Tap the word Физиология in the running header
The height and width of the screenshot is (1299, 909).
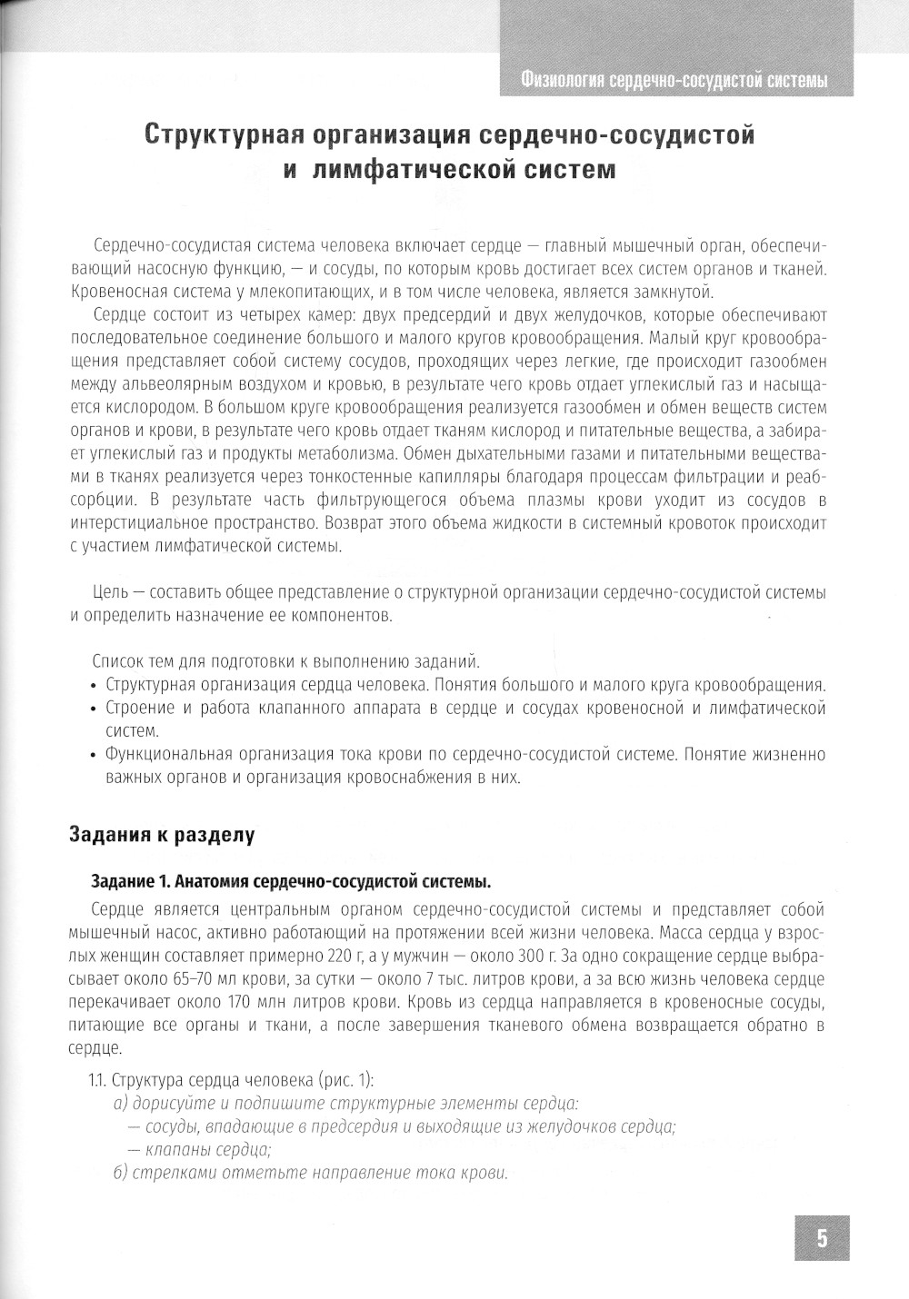556,81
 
